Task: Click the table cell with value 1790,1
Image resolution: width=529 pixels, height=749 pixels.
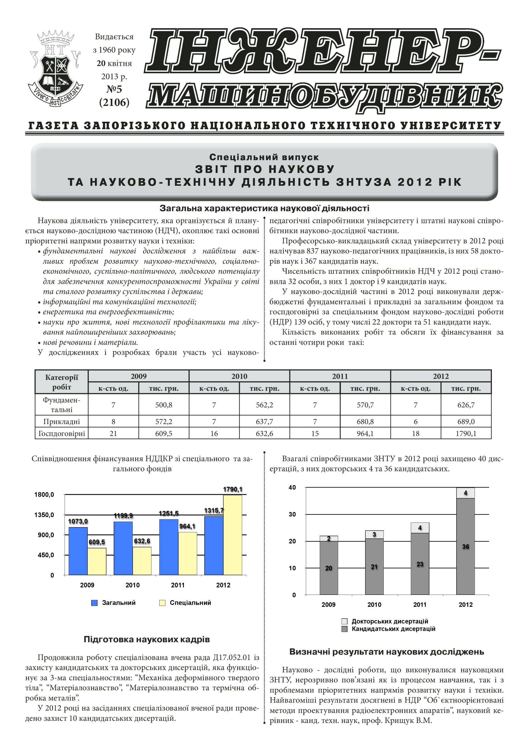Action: coord(466,434)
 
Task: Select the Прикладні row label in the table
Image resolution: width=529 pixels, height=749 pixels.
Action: coord(62,422)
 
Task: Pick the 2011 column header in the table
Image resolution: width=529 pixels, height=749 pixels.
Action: coord(340,376)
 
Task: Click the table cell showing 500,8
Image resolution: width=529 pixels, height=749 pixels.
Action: coord(164,405)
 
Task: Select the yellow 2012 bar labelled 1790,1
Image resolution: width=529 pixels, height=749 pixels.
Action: coord(232,535)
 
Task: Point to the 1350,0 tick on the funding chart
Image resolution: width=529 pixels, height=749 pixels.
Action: coord(44,515)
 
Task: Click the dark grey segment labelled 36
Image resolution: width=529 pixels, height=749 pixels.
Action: coord(466,547)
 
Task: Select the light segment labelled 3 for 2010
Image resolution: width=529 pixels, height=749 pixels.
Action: coord(374,534)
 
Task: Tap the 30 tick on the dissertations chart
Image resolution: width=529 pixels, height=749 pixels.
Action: coord(292,514)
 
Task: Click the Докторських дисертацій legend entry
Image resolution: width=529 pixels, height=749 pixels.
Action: coord(390,621)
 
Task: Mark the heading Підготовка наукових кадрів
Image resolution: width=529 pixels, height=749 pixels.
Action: coord(147,639)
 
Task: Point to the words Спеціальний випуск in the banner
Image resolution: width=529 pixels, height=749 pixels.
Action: coord(264,157)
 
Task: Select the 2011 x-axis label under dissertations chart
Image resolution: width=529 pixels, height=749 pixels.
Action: coord(420,605)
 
